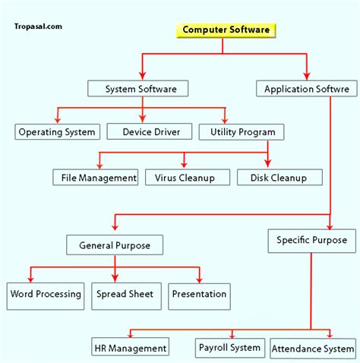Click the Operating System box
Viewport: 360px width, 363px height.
pos(57,131)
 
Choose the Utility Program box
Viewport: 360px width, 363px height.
pos(242,131)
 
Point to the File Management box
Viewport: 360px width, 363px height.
pos(96,178)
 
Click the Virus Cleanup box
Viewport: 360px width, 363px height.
pos(185,178)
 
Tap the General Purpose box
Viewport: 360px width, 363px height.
pos(114,245)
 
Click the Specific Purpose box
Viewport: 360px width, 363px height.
pos(311,240)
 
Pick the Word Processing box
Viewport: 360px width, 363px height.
pos(46,294)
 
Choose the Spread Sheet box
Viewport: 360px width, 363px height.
pos(125,294)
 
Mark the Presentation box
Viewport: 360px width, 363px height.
pos(199,294)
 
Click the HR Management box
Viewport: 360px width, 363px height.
pos(130,348)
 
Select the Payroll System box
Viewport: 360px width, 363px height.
pos(229,348)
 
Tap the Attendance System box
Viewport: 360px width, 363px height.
pos(312,349)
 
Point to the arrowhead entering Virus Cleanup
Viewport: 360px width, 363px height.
pos(184,165)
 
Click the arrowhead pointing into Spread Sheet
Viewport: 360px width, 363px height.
pos(115,279)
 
